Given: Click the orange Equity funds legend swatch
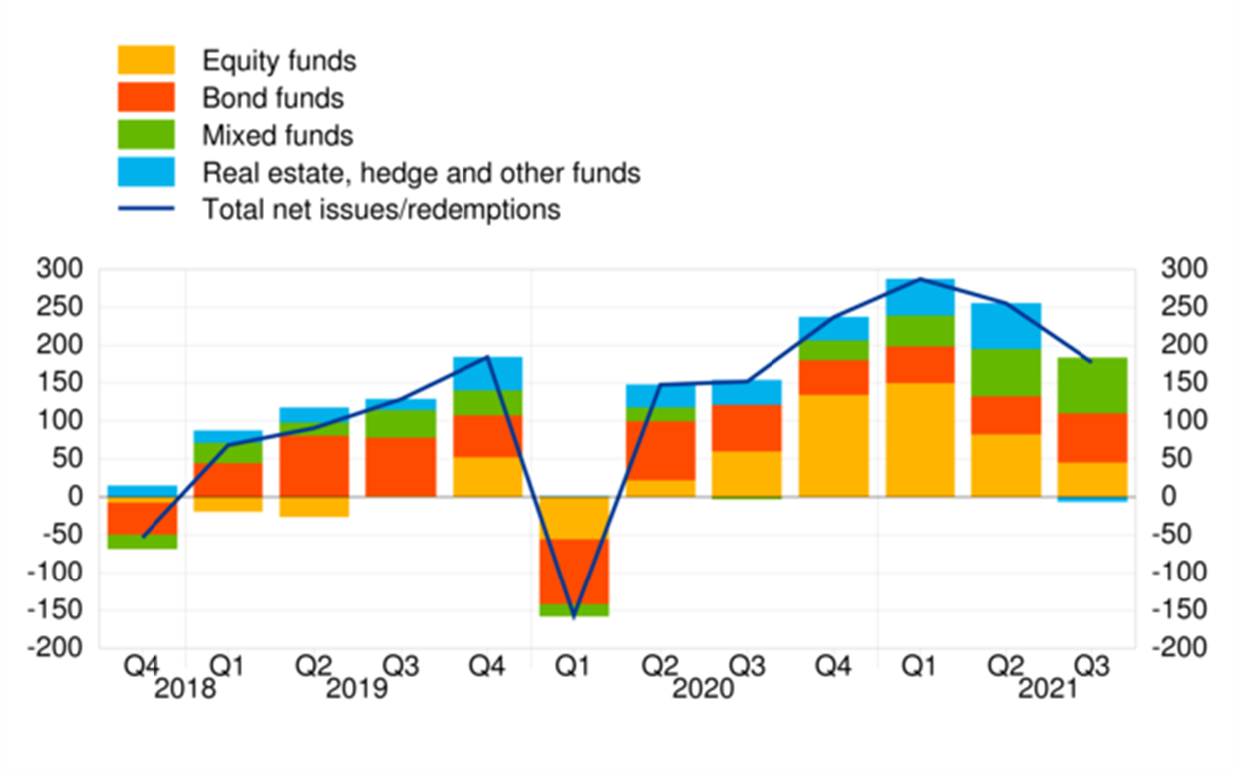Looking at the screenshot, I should click(147, 60).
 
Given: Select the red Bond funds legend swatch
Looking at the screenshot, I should click(147, 97).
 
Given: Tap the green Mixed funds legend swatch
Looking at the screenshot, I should click(147, 134).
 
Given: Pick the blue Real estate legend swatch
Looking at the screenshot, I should click(147, 172).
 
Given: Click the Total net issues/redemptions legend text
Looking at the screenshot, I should click(382, 210).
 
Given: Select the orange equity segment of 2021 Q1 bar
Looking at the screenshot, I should click(920, 439).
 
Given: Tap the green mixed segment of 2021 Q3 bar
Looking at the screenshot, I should click(1092, 385).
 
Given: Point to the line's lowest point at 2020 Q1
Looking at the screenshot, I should click(574, 617).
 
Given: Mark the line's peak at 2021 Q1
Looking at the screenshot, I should click(920, 279).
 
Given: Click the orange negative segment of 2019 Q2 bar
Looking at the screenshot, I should click(314, 507).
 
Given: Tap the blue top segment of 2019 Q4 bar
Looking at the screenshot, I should click(487, 373).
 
